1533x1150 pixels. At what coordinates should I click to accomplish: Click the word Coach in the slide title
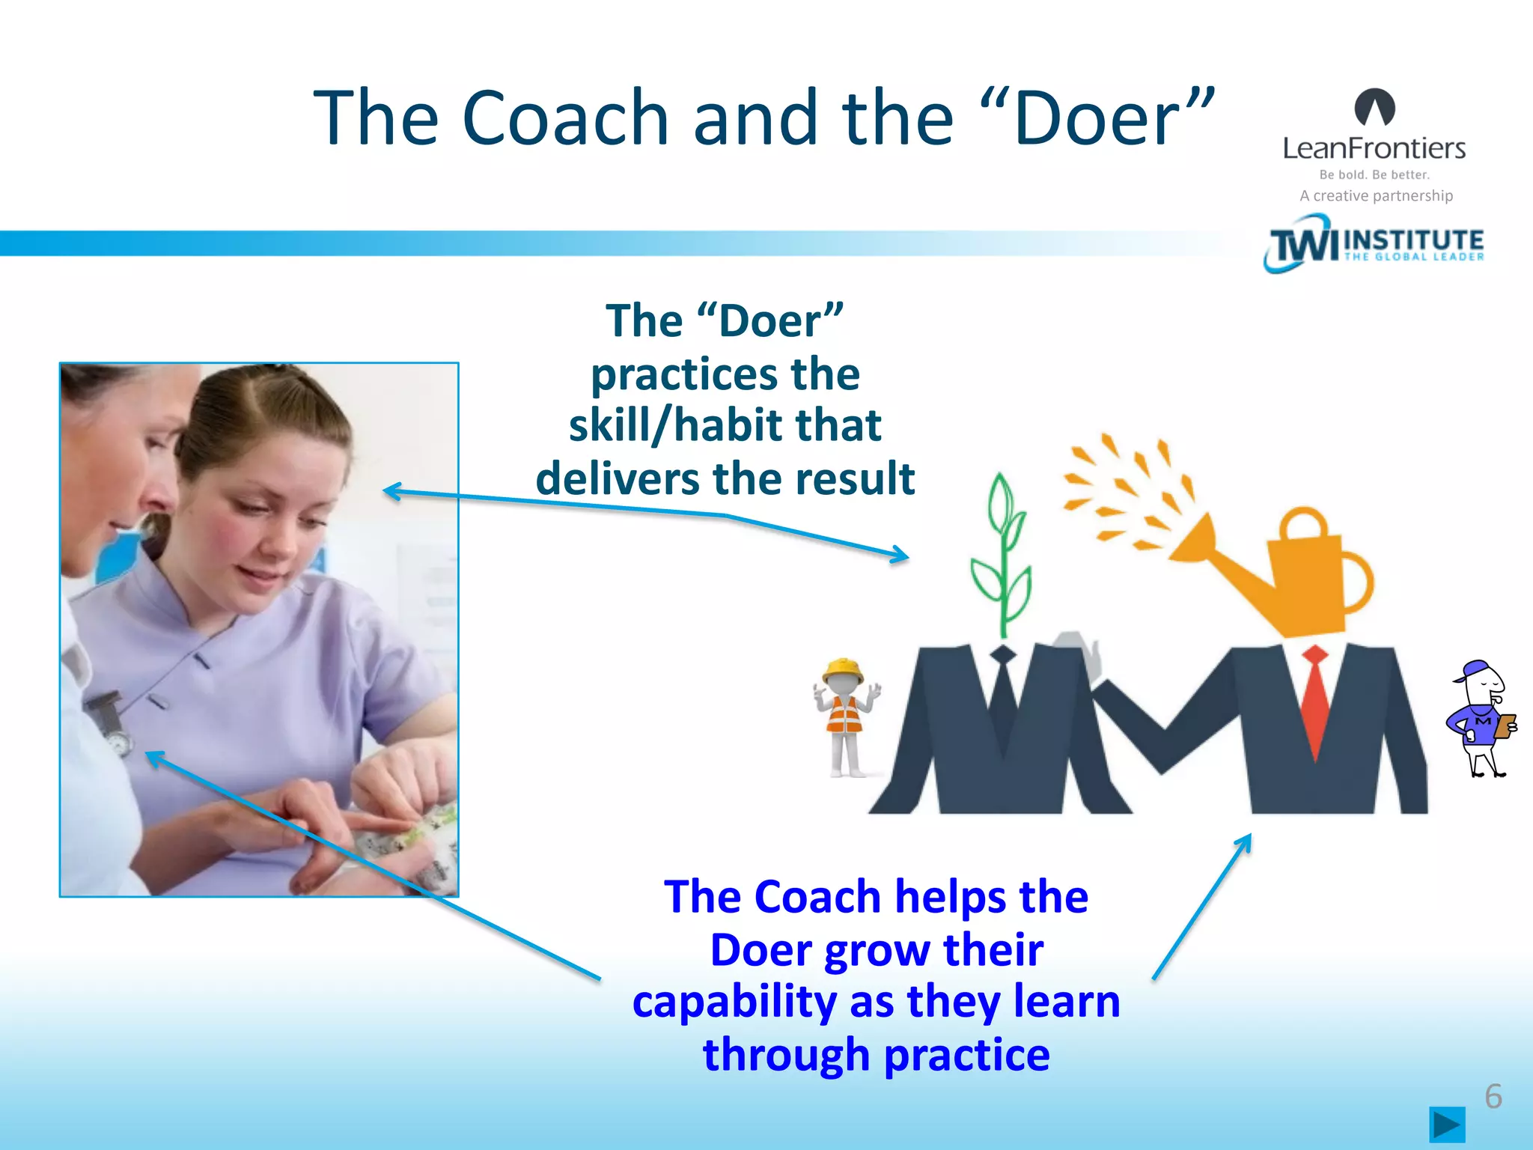(x=565, y=118)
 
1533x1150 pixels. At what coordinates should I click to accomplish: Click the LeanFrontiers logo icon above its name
(x=1374, y=107)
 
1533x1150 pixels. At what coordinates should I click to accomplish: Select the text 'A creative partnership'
(x=1376, y=196)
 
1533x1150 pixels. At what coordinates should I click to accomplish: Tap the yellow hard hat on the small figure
(x=843, y=669)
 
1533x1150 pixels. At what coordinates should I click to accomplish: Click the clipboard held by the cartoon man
(x=1505, y=725)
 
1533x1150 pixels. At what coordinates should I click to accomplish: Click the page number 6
(x=1493, y=1096)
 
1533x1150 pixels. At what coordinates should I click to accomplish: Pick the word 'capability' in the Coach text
(x=734, y=1003)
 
